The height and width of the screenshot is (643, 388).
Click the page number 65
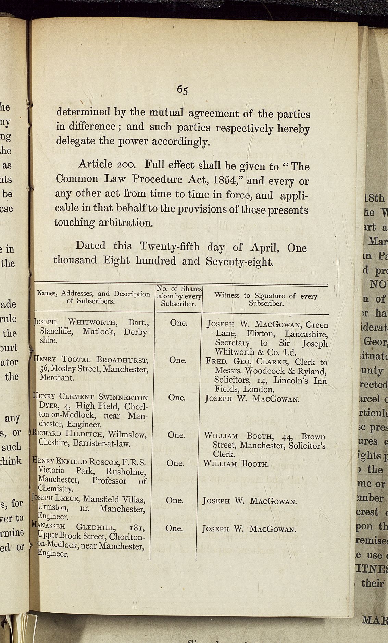coord(182,90)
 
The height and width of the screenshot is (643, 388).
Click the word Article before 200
coord(95,164)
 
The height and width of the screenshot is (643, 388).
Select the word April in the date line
coord(262,247)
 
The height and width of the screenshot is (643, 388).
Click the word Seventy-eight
coord(239,262)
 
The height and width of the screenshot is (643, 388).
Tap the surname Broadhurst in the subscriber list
coord(122,360)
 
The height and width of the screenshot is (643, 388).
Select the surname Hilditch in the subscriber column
coord(85,434)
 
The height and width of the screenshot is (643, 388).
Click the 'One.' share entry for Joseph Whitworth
coord(178,323)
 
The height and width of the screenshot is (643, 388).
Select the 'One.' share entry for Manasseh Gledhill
coord(174,528)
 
